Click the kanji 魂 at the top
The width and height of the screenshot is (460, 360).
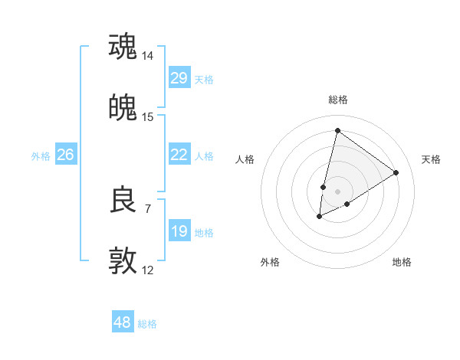[123, 46]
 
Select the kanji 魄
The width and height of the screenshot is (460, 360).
[123, 107]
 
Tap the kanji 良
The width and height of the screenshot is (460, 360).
[123, 200]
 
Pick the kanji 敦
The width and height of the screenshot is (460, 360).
[123, 261]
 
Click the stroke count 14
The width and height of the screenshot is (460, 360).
[148, 55]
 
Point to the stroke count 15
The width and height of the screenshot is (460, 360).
[148, 116]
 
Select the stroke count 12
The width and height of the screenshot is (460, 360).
[148, 270]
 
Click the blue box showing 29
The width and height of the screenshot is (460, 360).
[179, 78]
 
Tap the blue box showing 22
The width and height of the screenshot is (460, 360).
[179, 155]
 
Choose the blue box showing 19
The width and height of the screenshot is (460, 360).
[179, 231]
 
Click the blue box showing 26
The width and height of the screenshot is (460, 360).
[65, 155]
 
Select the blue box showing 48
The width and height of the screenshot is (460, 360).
[122, 322]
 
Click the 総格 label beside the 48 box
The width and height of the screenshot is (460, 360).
[147, 324]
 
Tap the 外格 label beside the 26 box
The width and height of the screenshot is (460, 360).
[41, 156]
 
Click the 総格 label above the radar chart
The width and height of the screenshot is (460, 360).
[337, 100]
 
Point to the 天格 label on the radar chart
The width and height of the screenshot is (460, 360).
[431, 159]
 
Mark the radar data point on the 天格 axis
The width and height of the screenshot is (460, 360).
[396, 172]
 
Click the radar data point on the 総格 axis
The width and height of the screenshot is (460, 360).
[337, 130]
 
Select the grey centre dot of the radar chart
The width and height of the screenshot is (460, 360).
[337, 191]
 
